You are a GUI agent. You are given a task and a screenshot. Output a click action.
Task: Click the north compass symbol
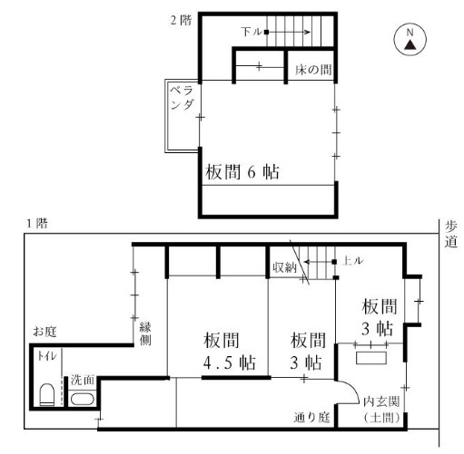pyautogui.click(x=410, y=39)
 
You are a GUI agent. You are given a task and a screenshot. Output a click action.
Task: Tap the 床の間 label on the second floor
pyautogui.click(x=313, y=70)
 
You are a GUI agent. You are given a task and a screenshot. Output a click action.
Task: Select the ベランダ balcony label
pyautogui.click(x=182, y=97)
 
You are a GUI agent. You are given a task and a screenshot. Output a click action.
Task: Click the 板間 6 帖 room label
pyautogui.click(x=242, y=171)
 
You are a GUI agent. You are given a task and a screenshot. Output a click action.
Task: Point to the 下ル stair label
pyautogui.click(x=252, y=32)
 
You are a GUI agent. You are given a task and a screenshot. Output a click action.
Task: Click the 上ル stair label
pyautogui.click(x=352, y=261)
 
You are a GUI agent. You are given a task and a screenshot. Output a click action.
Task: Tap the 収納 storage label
pyautogui.click(x=284, y=267)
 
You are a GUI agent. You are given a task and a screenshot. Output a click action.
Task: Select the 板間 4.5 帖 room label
pyautogui.click(x=230, y=351)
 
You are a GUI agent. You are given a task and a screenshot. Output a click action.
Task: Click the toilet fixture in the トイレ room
pyautogui.click(x=47, y=394)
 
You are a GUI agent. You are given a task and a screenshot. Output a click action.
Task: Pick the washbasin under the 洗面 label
pyautogui.click(x=83, y=399)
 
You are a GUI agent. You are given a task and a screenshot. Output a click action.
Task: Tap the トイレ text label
pyautogui.click(x=47, y=356)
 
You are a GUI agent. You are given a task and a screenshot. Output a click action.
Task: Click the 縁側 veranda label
pyautogui.click(x=145, y=333)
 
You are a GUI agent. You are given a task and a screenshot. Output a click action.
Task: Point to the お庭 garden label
pyautogui.click(x=44, y=332)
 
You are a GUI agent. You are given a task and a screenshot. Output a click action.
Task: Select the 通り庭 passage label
pyautogui.click(x=311, y=418)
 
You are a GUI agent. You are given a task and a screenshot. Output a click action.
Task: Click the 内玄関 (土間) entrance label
pyautogui.click(x=381, y=410)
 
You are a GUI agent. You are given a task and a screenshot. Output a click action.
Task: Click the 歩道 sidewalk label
pyautogui.click(x=451, y=234)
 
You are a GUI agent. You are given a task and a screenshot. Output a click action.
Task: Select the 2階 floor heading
pyautogui.click(x=181, y=21)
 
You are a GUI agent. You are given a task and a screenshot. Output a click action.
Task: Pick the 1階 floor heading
pyautogui.click(x=37, y=224)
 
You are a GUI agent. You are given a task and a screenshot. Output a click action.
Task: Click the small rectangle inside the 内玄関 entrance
pyautogui.click(x=371, y=358)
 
